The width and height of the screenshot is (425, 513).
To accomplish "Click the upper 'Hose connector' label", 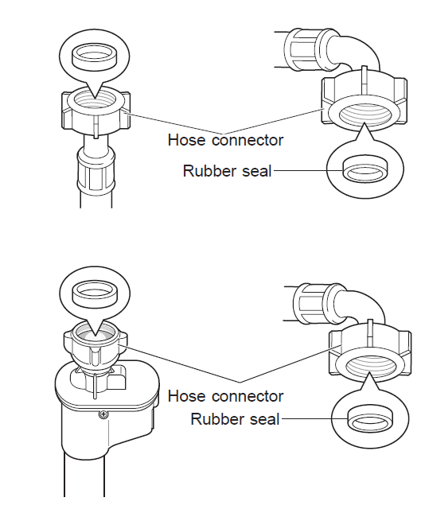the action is (225, 140).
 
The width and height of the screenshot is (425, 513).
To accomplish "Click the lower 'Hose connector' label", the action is (225, 396).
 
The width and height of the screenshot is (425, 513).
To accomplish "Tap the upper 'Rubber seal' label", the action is (228, 171).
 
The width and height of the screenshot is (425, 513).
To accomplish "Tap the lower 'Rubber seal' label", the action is (235, 419).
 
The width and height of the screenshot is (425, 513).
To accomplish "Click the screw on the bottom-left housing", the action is (103, 415).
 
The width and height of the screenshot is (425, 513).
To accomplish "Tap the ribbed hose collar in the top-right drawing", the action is (303, 49).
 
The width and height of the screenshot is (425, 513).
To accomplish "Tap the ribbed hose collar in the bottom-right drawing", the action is (310, 303).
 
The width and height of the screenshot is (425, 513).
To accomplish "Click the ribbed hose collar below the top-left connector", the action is (96, 171).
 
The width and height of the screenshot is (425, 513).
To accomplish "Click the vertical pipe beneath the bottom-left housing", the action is (84, 474).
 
